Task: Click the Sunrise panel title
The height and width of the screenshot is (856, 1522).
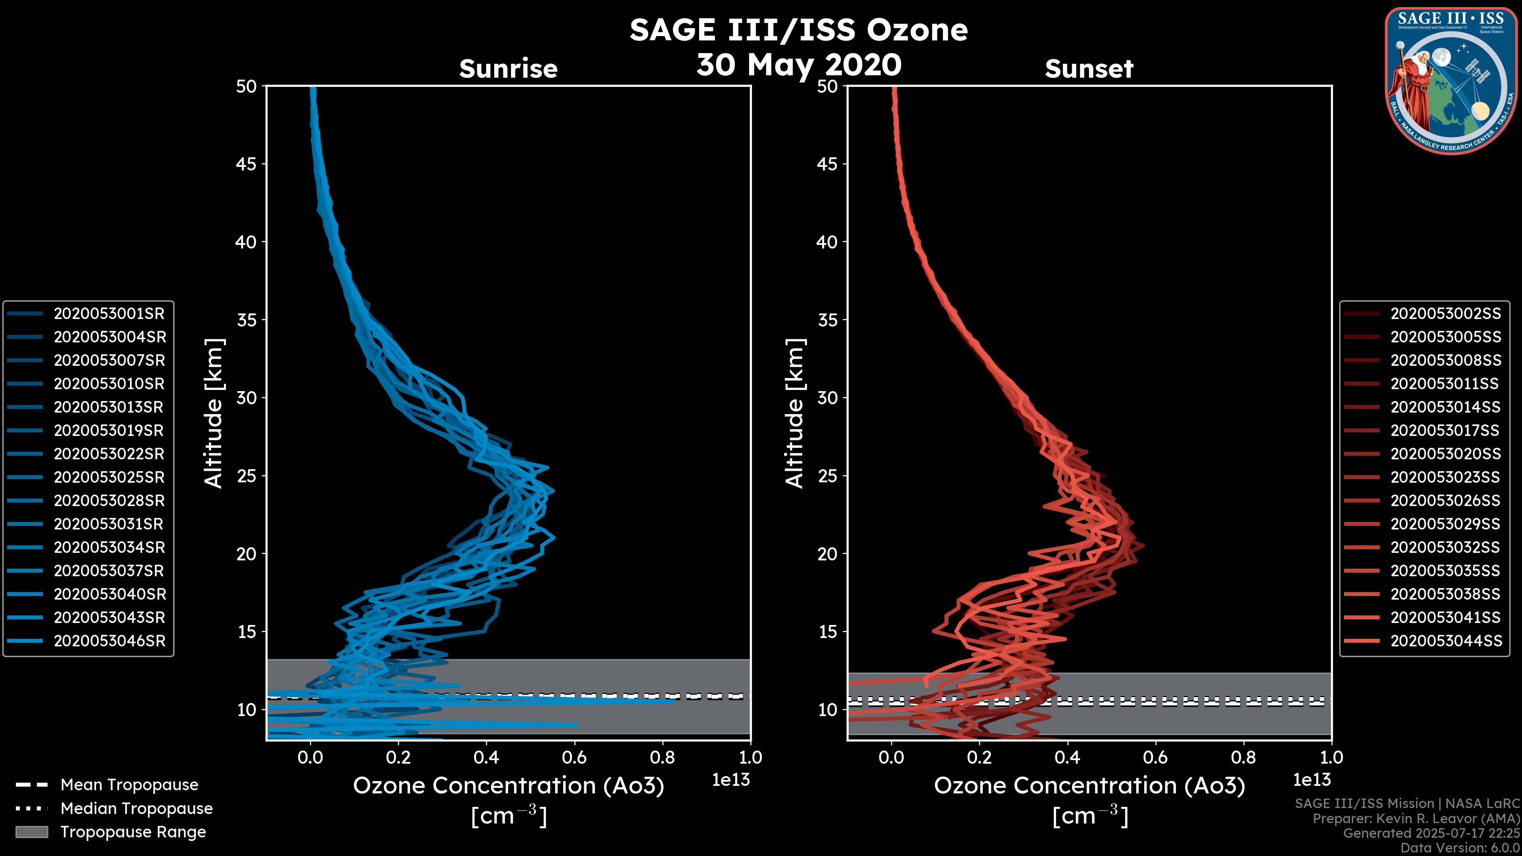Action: [508, 69]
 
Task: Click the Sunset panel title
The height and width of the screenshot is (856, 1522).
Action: [1089, 69]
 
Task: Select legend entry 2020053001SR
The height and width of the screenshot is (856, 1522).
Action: [109, 314]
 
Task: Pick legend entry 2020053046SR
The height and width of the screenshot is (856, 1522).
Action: [109, 641]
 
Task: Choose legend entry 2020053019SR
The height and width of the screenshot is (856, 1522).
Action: [108, 431]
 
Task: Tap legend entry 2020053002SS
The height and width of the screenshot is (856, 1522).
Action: [1445, 314]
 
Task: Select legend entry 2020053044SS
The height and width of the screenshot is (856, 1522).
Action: [1445, 641]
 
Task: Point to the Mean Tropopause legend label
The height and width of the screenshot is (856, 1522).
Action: [129, 785]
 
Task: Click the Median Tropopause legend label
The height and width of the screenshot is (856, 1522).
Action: [136, 809]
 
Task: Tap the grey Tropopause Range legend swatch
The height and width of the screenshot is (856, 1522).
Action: [31, 832]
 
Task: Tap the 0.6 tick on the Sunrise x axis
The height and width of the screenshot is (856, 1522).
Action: [574, 757]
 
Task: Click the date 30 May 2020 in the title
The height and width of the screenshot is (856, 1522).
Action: [799, 65]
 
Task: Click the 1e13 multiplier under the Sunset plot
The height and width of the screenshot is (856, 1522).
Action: [1312, 780]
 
